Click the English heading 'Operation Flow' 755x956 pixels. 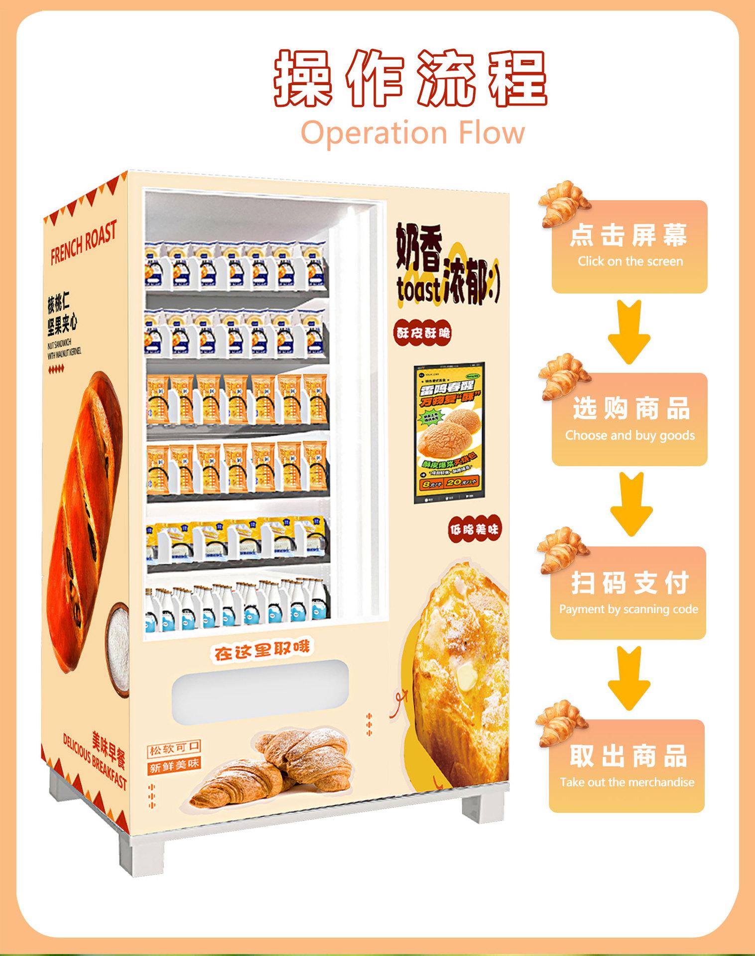tap(413, 132)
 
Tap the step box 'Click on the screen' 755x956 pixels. tap(629, 247)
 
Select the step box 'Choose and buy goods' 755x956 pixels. tap(629, 419)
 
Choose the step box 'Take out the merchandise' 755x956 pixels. tap(627, 766)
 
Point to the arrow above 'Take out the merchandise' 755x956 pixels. tap(629, 678)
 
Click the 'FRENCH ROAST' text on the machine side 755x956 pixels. tap(83, 242)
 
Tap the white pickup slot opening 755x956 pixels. tap(260, 690)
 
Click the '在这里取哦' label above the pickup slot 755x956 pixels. tap(261, 651)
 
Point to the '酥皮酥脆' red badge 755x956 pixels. tap(423, 333)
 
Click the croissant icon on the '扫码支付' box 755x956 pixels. tap(562, 549)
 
